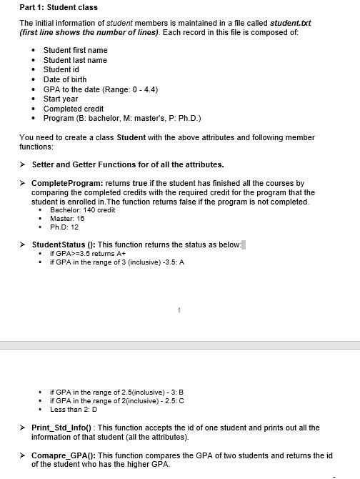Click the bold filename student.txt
tap(291, 23)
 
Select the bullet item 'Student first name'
tap(75, 50)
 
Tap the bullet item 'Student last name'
tap(75, 60)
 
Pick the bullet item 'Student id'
tap(61, 69)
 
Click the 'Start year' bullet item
tap(61, 99)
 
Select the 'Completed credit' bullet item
tap(74, 109)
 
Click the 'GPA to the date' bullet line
tap(100, 89)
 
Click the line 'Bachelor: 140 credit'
tap(82, 210)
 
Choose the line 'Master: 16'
tap(68, 219)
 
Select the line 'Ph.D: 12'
tap(64, 227)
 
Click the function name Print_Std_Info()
tap(63, 428)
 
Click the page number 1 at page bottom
tap(179, 310)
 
